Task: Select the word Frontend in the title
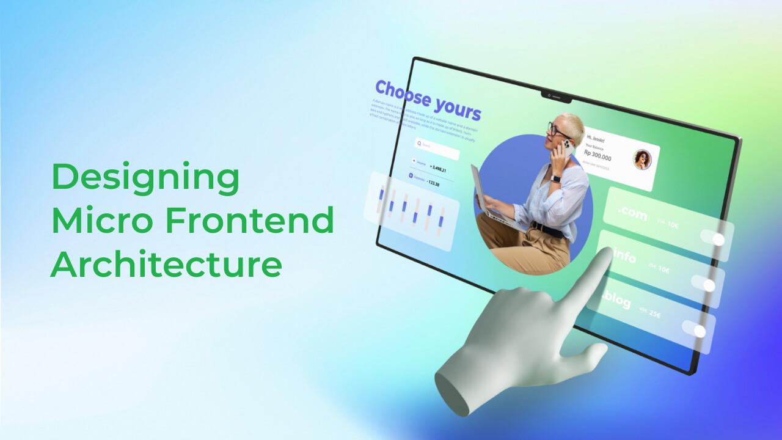263,221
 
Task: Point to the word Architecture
166,265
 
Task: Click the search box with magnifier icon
436,147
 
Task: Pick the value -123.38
434,183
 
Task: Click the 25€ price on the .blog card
654,315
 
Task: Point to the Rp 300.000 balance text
597,157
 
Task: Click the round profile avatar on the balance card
642,159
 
